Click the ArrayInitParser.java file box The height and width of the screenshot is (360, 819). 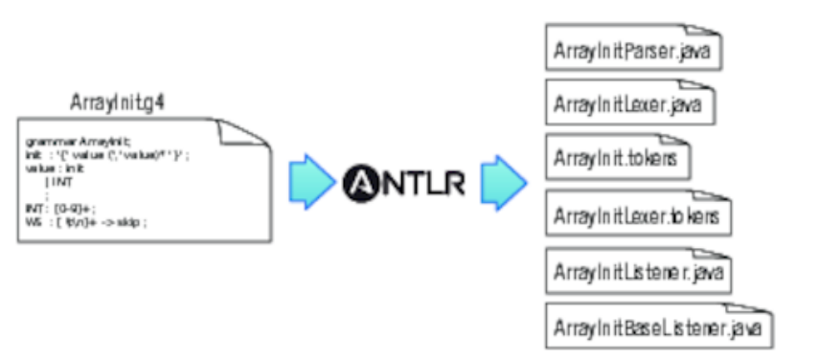[x=633, y=52]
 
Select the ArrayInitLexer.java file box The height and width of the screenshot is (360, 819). [x=628, y=102]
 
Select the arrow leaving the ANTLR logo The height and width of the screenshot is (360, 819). [x=504, y=180]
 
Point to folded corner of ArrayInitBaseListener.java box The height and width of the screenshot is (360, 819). [x=763, y=310]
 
